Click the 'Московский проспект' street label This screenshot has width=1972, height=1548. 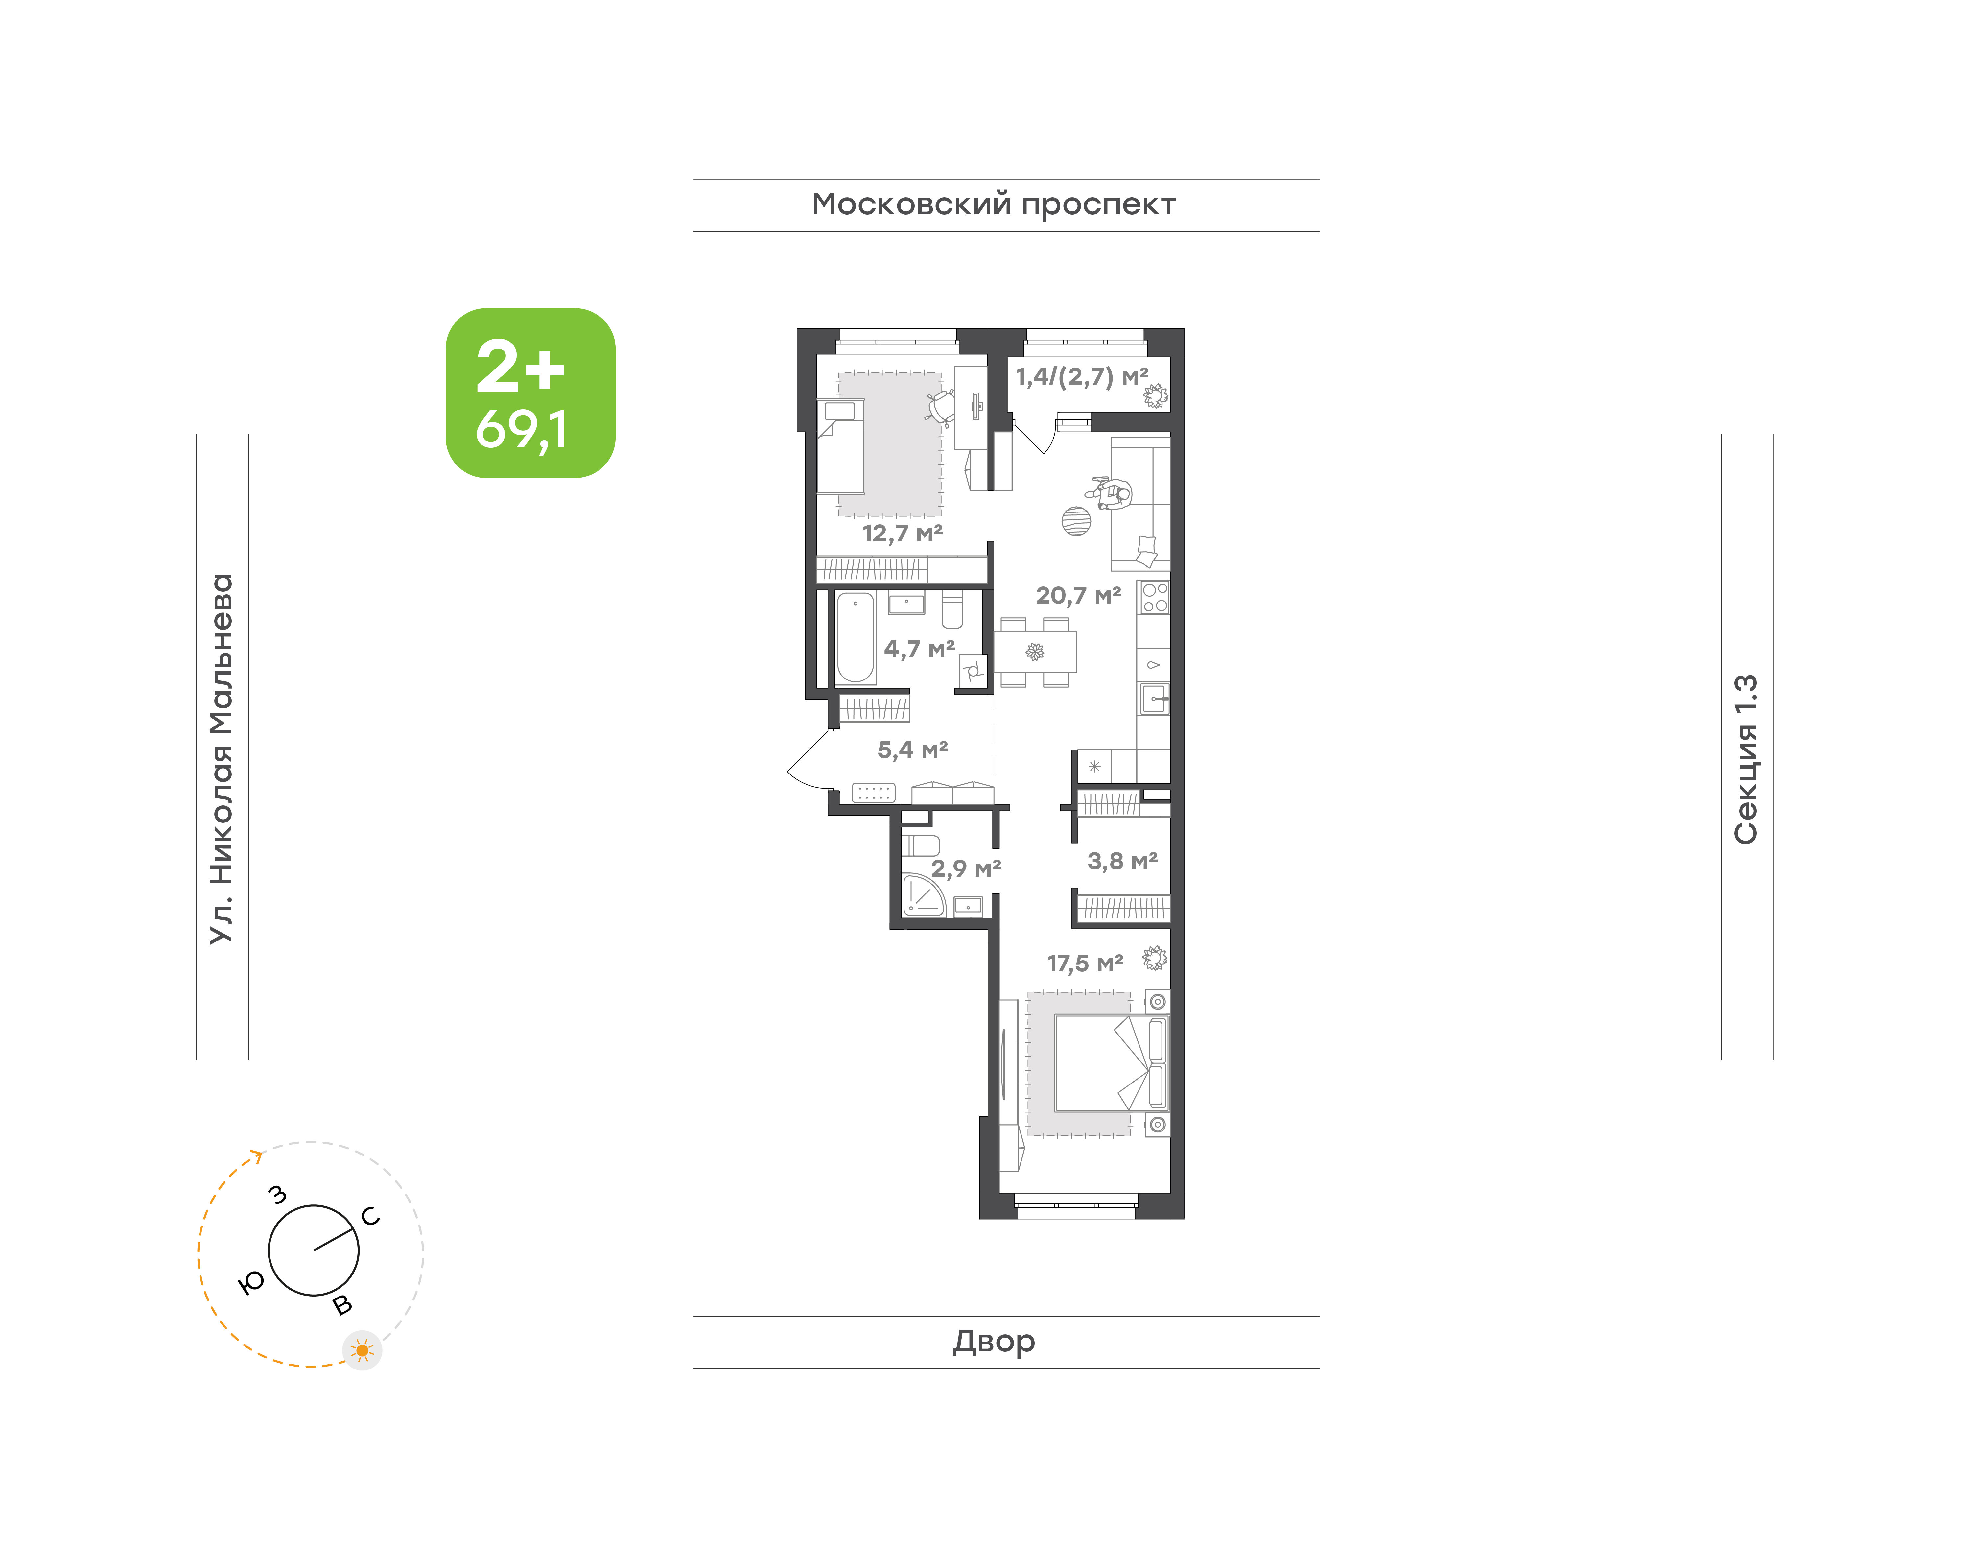[x=993, y=205]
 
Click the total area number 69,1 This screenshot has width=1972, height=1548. [x=522, y=430]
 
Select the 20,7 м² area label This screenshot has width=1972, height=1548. [x=1078, y=595]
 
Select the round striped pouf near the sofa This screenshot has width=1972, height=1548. [x=1076, y=521]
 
